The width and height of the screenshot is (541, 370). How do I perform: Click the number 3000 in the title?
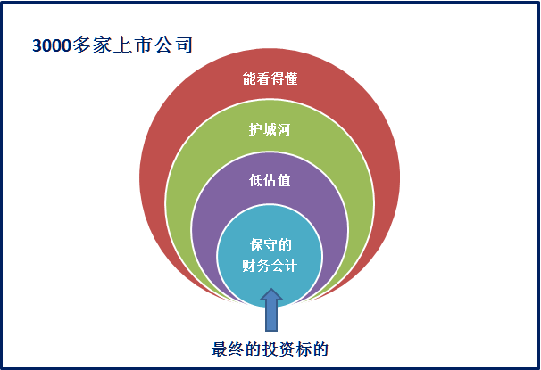click(52, 45)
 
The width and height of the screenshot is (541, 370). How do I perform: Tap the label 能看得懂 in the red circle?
click(270, 78)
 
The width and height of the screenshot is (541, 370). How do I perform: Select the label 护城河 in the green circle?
click(270, 129)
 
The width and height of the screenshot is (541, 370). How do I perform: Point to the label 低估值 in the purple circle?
click(270, 180)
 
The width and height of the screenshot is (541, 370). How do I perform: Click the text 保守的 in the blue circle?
click(270, 244)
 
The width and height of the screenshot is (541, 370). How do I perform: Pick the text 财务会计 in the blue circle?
click(270, 266)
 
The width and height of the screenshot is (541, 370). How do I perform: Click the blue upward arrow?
click(271, 310)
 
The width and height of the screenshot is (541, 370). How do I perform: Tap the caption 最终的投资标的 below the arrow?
click(270, 349)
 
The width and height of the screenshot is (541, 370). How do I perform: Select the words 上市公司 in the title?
click(153, 45)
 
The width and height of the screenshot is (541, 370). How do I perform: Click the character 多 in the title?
click(82, 45)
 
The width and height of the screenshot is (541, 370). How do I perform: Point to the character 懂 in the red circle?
click(291, 78)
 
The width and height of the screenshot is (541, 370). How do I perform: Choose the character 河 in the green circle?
click(284, 129)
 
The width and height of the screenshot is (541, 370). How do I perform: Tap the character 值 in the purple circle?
click(284, 180)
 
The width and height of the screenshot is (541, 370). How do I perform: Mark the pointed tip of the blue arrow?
click(271, 289)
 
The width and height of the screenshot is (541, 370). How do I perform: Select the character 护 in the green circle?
click(255, 129)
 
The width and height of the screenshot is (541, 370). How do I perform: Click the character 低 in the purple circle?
click(255, 180)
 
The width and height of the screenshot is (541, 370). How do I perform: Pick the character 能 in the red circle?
click(249, 78)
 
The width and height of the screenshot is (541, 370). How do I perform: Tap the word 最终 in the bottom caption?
click(228, 349)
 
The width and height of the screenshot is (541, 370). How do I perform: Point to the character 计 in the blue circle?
click(290, 266)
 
